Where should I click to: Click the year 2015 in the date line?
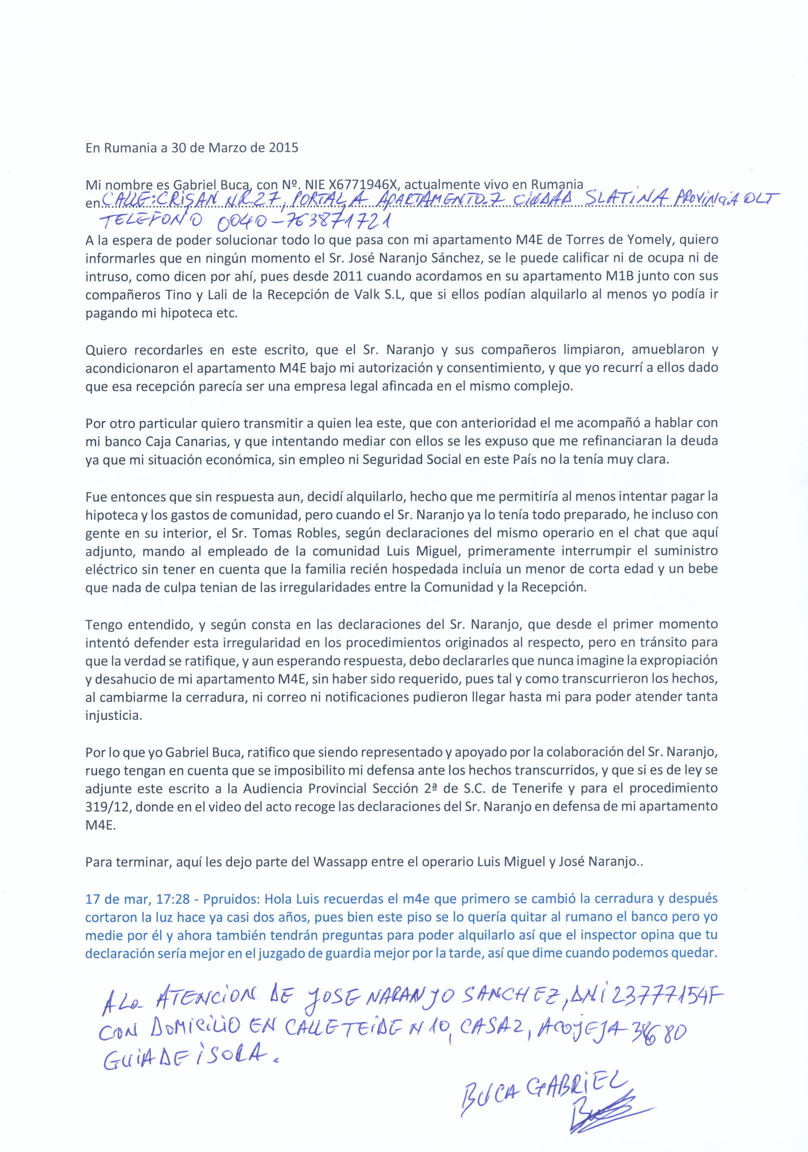pyautogui.click(x=283, y=148)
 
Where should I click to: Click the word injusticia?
pyautogui.click(x=114, y=715)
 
